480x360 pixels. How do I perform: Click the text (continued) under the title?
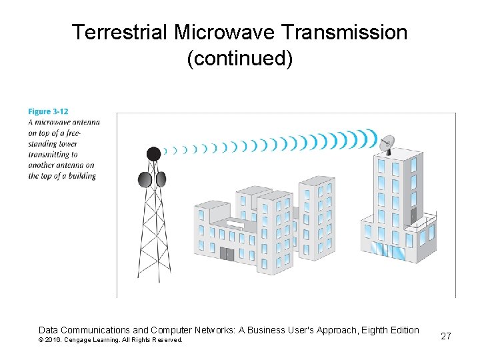240,59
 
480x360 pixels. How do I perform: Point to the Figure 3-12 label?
48,111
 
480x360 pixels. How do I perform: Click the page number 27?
446,336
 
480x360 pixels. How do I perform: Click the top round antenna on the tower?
153,153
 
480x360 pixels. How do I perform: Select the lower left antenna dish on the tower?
144,179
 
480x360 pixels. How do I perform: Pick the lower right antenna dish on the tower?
161,179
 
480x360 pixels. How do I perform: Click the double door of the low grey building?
227,254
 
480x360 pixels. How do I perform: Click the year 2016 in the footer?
53,340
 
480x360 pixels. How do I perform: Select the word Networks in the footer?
203,330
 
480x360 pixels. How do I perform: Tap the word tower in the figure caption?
67,143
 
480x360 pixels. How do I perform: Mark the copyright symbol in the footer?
41,340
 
